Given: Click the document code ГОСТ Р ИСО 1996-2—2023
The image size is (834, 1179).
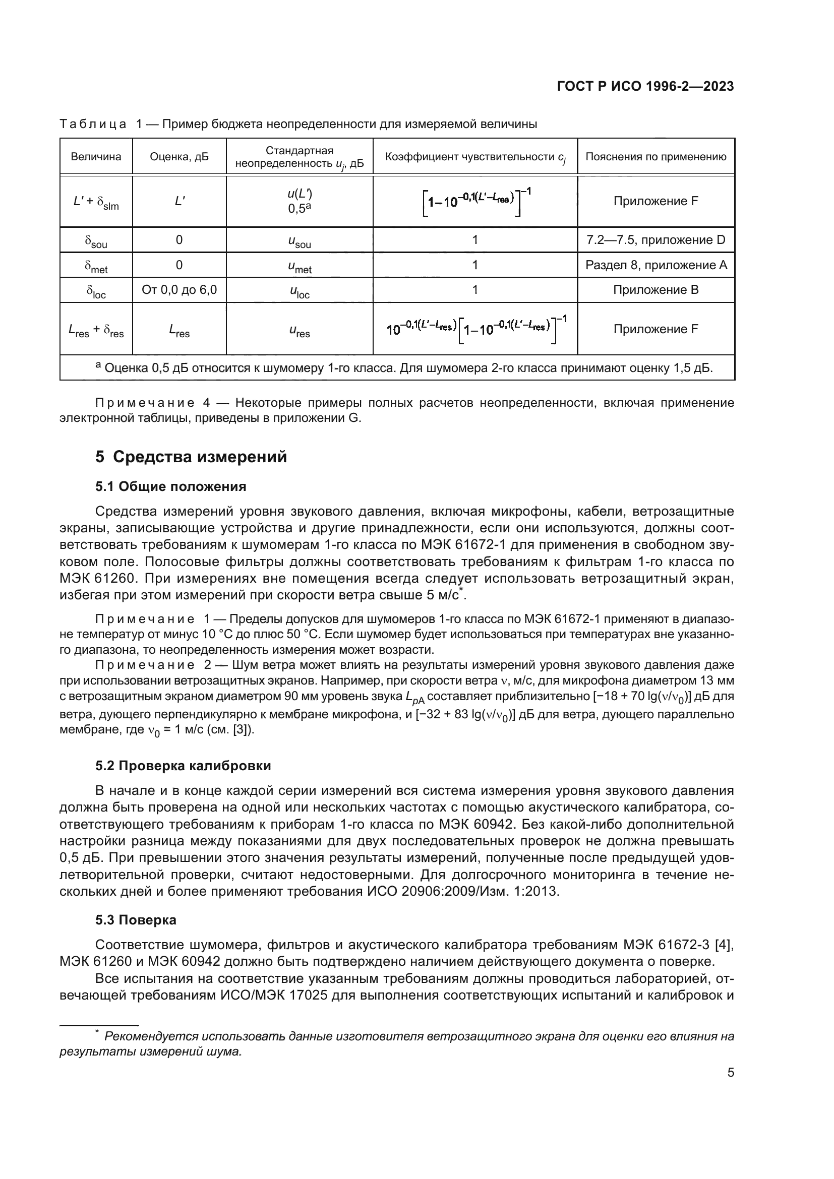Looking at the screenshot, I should click(x=645, y=86).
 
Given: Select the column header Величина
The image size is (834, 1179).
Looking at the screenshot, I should click(x=96, y=157).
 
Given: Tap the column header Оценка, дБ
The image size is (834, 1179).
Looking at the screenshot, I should click(x=179, y=157).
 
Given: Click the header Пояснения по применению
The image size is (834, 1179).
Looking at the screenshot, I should click(x=656, y=157).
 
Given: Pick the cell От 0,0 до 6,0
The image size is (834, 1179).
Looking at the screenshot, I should click(x=179, y=290).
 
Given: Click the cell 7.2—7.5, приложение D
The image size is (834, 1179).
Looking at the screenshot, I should click(x=656, y=240).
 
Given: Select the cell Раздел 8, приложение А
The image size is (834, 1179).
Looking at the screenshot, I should click(x=656, y=265).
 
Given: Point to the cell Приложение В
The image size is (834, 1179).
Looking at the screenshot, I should click(x=656, y=290).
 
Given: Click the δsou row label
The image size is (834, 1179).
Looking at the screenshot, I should click(x=96, y=241).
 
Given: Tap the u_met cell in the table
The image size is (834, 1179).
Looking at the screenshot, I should click(x=300, y=267).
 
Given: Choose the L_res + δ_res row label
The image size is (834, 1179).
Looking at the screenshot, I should click(x=96, y=330).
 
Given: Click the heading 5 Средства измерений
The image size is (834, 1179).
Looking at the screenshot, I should click(x=191, y=457).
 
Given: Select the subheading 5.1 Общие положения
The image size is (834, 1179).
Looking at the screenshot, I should click(x=170, y=486).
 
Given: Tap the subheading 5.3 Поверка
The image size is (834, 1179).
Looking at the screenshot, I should click(x=136, y=920).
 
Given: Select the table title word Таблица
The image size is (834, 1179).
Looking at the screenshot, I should click(x=93, y=125).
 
